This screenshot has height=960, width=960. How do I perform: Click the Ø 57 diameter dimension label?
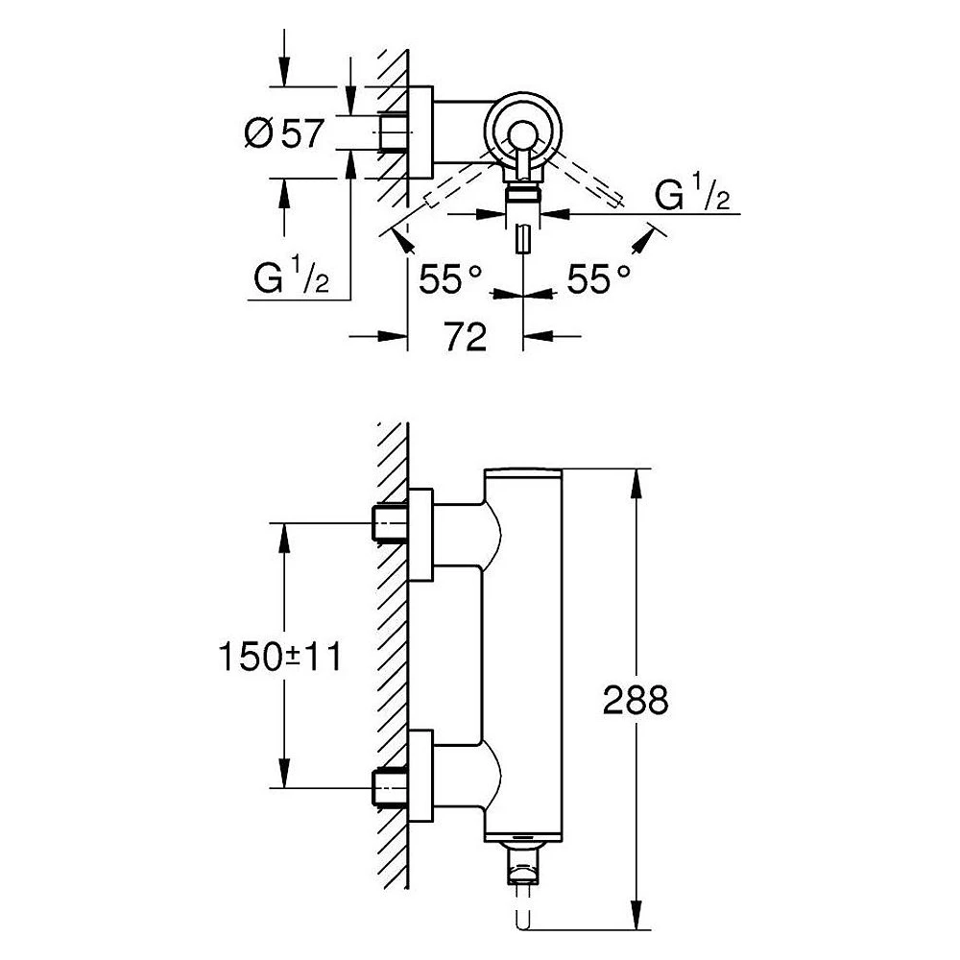[x=283, y=132]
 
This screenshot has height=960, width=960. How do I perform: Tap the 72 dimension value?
[x=466, y=337]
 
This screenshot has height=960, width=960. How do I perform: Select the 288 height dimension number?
[x=636, y=700]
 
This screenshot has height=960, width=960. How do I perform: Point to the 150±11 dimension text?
[x=280, y=657]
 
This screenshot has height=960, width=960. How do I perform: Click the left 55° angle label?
[x=450, y=279]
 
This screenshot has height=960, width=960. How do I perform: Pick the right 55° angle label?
[x=598, y=279]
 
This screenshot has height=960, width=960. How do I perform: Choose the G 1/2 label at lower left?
[x=292, y=276]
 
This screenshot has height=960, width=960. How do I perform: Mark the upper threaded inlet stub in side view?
[x=390, y=523]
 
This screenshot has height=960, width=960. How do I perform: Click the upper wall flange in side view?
[x=420, y=535]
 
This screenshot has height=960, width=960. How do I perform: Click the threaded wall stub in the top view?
[x=393, y=132]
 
